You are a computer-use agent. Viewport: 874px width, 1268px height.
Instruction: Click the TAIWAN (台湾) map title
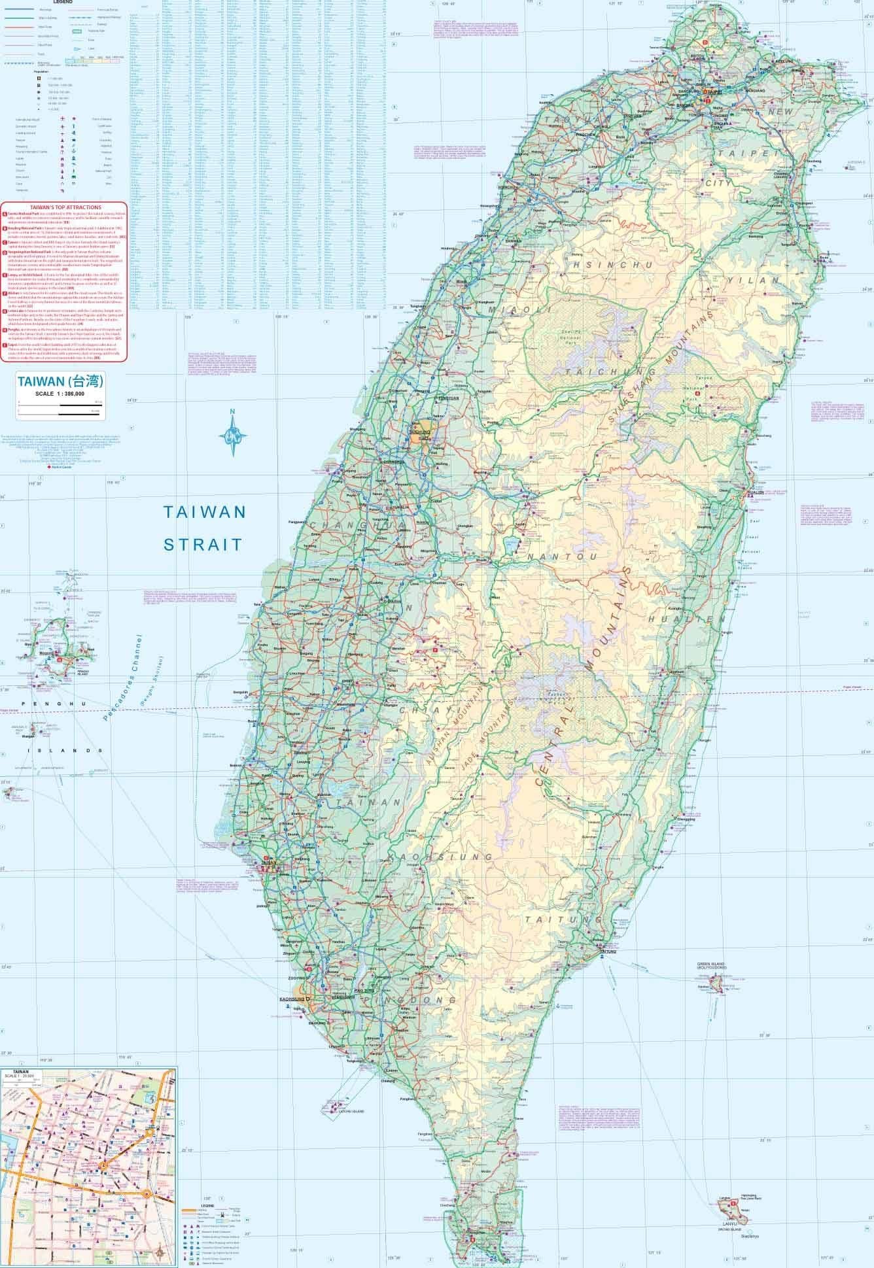[60, 381]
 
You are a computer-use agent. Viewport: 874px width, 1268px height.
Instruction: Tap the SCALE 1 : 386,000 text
[60, 392]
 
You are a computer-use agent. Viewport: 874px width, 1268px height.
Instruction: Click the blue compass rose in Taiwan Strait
[233, 433]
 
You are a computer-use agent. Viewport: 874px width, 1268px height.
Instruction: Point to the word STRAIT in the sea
[203, 543]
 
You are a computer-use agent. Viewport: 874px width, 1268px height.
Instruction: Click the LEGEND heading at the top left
[63, 3]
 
